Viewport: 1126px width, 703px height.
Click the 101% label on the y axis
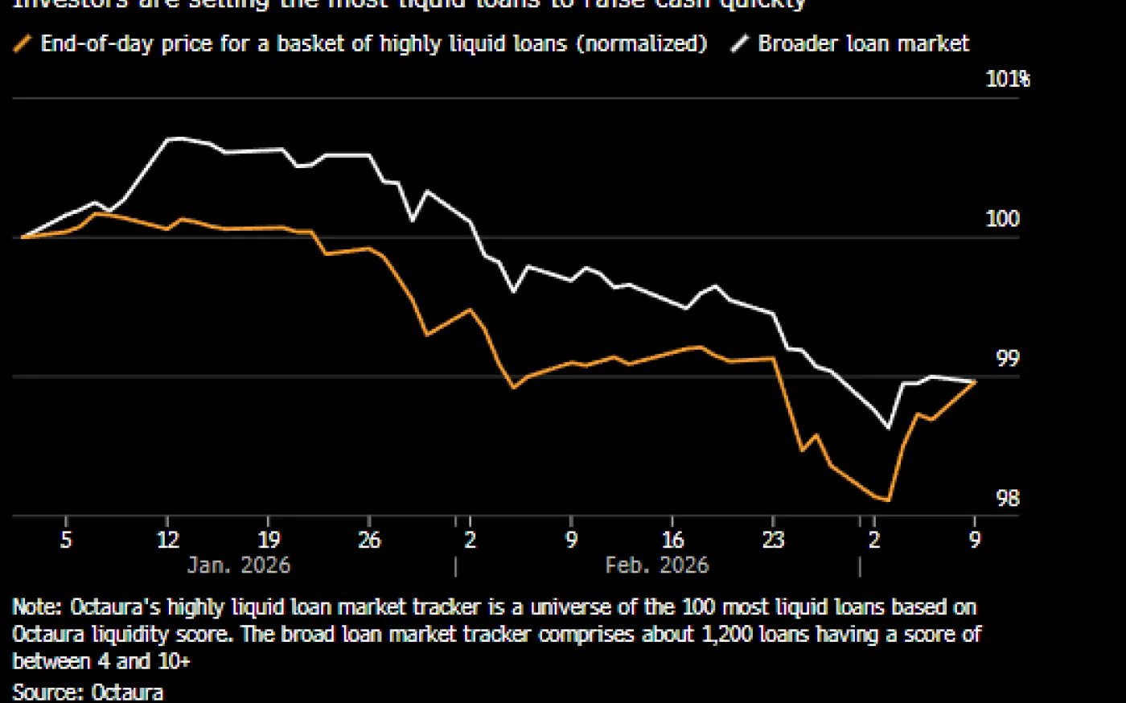point(1007,79)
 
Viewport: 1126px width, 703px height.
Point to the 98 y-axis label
point(1007,499)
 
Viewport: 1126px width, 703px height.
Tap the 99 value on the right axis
point(1007,359)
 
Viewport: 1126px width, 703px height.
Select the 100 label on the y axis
point(1002,219)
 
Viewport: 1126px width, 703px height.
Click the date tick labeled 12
point(167,539)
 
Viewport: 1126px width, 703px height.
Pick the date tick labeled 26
point(369,539)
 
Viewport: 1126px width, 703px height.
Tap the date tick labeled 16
point(672,539)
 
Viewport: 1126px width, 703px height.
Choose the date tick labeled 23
point(773,539)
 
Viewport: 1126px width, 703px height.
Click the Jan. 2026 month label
point(238,565)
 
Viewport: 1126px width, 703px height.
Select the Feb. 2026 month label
point(656,565)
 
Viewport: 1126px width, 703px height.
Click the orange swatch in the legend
point(23,43)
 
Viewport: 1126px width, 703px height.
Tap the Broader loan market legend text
point(863,43)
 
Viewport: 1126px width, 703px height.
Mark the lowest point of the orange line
point(888,500)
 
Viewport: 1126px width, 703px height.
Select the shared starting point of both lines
point(23,237)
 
